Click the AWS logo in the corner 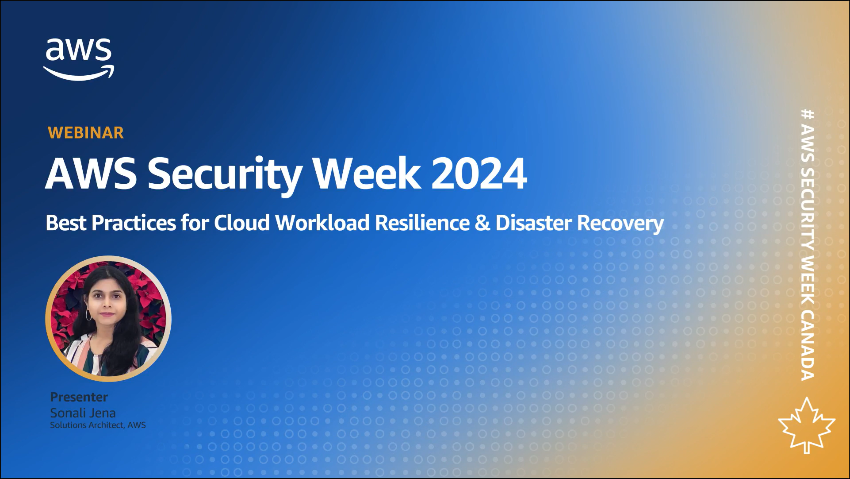coord(79,59)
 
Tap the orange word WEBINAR coord(86,133)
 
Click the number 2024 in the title coord(479,173)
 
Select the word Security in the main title coord(225,175)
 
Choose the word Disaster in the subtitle coord(533,223)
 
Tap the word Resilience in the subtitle coord(422,223)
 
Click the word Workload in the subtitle coord(322,223)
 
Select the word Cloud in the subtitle coord(242,223)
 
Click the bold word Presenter coord(79,397)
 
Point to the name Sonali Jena coord(83,413)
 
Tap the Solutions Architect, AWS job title coord(98,425)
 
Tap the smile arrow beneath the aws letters coord(79,73)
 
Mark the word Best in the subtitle coord(66,223)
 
